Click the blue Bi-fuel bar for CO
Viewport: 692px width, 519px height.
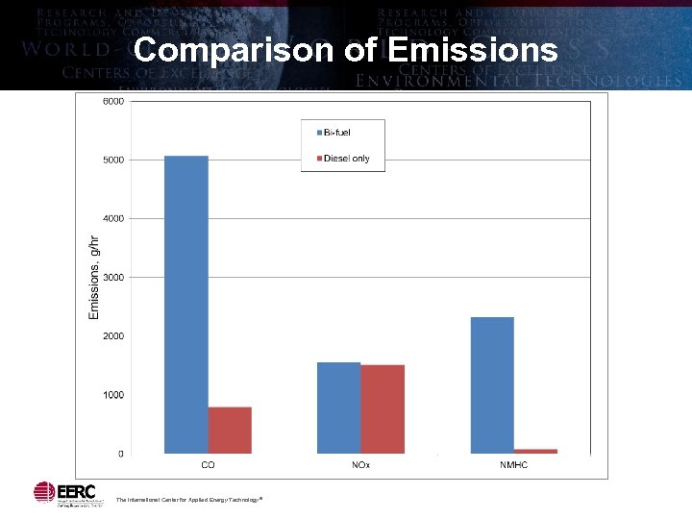coord(186,304)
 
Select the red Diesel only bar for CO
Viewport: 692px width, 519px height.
coord(230,430)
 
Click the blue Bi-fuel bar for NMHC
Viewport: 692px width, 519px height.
coord(492,384)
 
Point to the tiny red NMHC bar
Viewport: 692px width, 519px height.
coord(535,451)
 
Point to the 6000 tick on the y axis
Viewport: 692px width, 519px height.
coord(113,101)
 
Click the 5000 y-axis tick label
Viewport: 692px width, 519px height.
coord(113,160)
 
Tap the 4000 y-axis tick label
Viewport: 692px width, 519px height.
coord(113,218)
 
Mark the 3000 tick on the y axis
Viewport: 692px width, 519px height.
coord(113,278)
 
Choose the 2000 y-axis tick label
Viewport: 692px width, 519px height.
coord(113,336)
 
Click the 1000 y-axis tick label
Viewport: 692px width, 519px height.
coord(113,395)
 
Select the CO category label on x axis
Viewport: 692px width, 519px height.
coord(208,465)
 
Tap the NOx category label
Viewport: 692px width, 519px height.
coord(360,465)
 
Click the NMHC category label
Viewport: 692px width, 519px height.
coord(514,465)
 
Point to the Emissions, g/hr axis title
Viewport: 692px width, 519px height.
coord(94,278)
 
